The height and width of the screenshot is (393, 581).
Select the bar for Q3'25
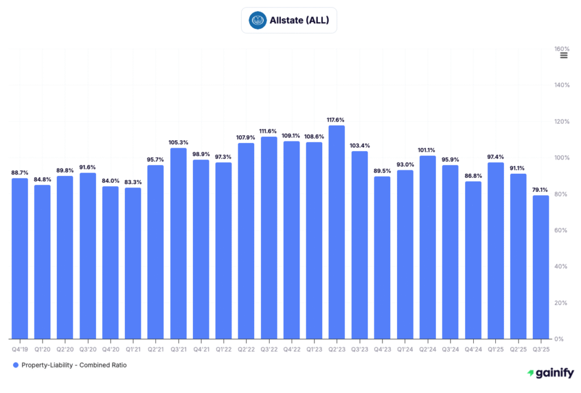point(541,267)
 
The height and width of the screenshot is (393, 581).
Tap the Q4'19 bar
point(20,258)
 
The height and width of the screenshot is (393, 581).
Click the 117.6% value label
point(336,120)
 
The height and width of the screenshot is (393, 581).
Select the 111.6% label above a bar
point(269,131)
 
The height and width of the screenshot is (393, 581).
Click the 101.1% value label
point(427,150)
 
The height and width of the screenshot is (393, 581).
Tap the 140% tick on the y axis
point(562,85)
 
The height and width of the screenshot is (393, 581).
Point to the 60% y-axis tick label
point(562,231)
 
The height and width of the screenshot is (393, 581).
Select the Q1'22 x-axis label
point(224,349)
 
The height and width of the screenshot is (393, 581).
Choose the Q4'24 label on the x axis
point(473,349)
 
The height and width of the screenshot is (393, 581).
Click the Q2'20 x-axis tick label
point(65,349)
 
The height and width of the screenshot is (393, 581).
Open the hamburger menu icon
point(563,55)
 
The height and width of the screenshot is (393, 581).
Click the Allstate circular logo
point(258,21)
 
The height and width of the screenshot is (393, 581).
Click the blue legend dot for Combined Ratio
point(16,365)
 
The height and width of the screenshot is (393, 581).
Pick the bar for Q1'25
point(495,250)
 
